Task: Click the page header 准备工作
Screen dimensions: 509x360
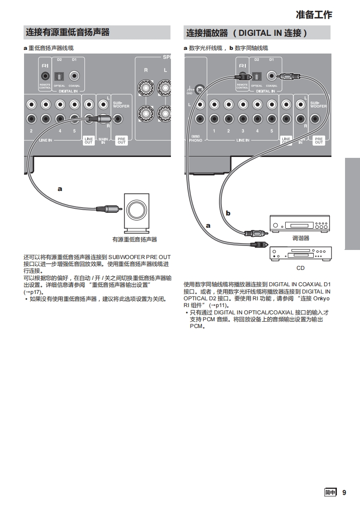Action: click(x=314, y=15)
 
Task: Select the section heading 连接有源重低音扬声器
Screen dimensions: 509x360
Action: click(x=68, y=32)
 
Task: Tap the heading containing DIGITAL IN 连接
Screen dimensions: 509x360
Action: click(x=247, y=33)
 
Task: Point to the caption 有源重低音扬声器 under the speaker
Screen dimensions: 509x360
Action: click(x=134, y=239)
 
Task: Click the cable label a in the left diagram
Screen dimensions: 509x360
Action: click(x=59, y=188)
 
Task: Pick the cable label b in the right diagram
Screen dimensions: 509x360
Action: click(x=228, y=212)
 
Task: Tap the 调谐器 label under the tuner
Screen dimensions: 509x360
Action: click(x=300, y=238)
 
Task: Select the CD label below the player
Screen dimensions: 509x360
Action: click(x=300, y=268)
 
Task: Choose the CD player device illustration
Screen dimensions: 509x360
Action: click(x=301, y=253)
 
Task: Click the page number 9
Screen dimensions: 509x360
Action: click(x=344, y=493)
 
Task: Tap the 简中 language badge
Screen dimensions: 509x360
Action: click(x=330, y=493)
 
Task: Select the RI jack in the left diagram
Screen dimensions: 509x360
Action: click(x=45, y=76)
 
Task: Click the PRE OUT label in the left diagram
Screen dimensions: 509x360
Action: click(x=122, y=141)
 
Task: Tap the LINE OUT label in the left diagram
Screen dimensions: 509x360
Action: click(x=88, y=141)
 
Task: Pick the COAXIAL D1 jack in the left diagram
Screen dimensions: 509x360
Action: click(x=74, y=76)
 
